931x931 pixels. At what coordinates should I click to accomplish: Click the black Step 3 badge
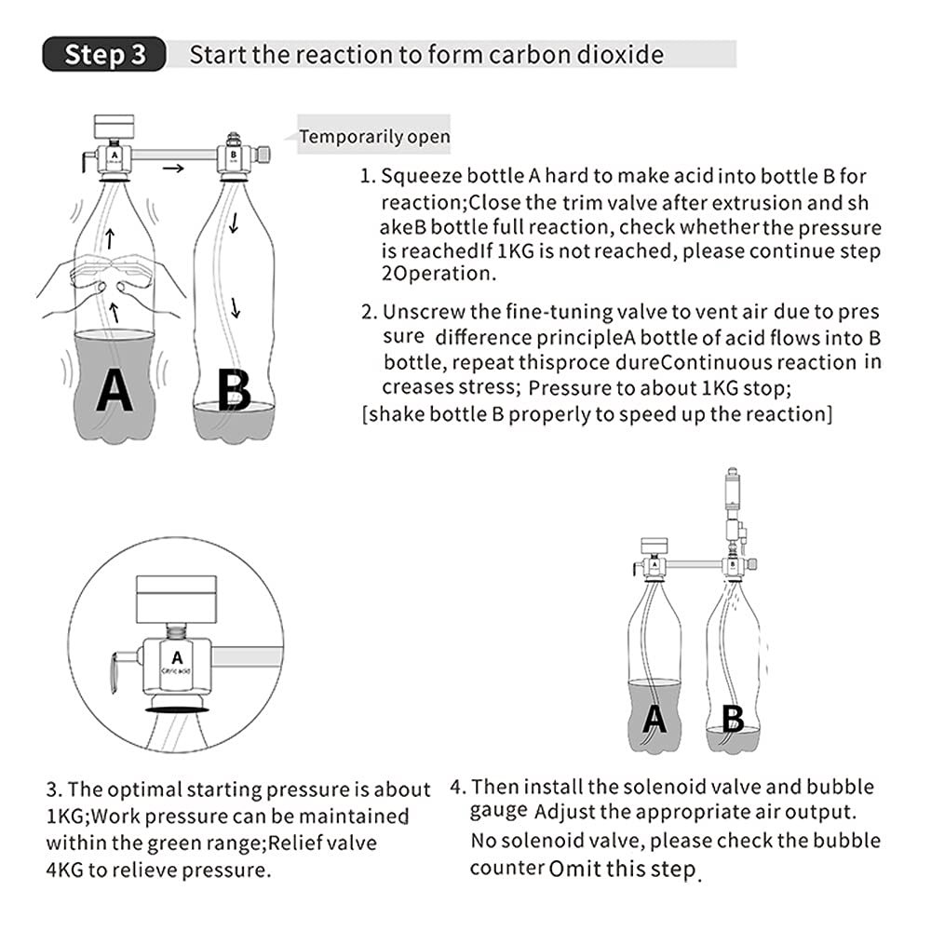pyautogui.click(x=104, y=54)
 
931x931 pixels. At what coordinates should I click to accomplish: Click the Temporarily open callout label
pyautogui.click(x=374, y=137)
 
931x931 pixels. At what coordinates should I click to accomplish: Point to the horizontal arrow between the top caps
pyautogui.click(x=172, y=168)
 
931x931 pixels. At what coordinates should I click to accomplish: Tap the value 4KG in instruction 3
pyautogui.click(x=65, y=871)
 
